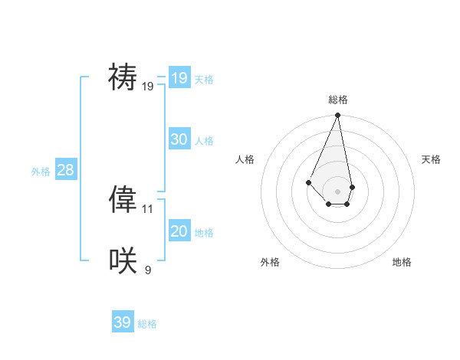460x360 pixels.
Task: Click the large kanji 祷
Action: tap(123, 77)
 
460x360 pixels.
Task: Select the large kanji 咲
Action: tap(123, 261)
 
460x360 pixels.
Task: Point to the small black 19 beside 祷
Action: tap(148, 87)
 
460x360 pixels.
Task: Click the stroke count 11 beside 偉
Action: tap(148, 208)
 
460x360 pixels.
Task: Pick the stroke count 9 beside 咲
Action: tap(148, 270)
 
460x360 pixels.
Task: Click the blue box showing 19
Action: tap(179, 77)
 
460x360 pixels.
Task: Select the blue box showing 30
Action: tap(179, 139)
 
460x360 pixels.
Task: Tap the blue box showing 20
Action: tap(179, 231)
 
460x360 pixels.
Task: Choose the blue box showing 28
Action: tap(65, 170)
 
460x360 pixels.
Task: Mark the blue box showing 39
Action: tap(123, 322)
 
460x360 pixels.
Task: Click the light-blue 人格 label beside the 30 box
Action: tap(204, 141)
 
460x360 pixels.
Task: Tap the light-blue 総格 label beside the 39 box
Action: tap(147, 324)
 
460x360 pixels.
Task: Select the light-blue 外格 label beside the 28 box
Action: tap(41, 172)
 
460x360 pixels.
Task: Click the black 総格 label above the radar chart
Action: tap(338, 100)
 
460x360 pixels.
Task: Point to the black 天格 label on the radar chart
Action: tap(431, 159)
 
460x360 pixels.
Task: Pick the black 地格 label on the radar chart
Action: tap(402, 262)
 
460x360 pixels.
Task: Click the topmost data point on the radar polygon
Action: tap(338, 116)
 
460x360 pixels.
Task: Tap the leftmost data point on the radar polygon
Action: tap(308, 182)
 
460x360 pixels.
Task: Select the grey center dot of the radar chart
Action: tap(338, 191)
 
